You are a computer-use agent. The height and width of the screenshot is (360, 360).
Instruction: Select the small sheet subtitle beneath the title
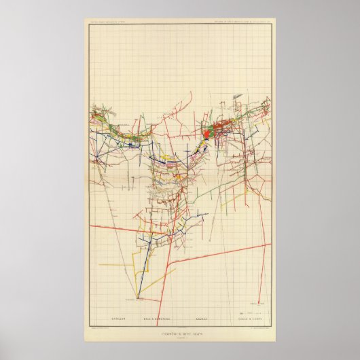click(x=179, y=334)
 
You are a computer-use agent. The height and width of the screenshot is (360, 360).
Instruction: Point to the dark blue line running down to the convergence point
click(x=143, y=265)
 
